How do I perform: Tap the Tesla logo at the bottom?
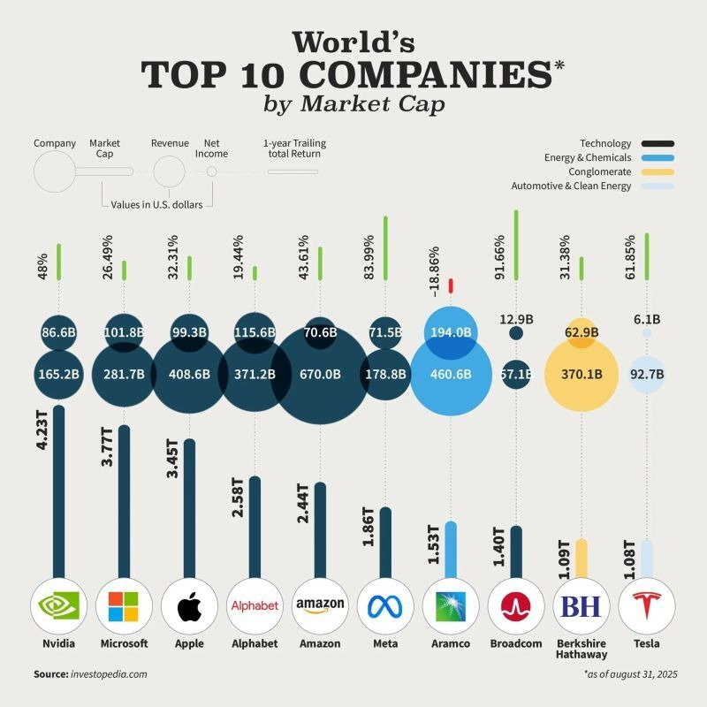647,605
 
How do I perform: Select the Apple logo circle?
189,606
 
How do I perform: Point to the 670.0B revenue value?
320,374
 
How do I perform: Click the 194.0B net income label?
452,333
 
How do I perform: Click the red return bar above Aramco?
451,285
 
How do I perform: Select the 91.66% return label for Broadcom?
499,257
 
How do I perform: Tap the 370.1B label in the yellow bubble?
581,374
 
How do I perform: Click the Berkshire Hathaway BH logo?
581,606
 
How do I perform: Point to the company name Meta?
385,643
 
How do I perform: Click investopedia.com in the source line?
109,673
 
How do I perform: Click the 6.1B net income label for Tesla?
647,318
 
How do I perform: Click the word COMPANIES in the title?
398,74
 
